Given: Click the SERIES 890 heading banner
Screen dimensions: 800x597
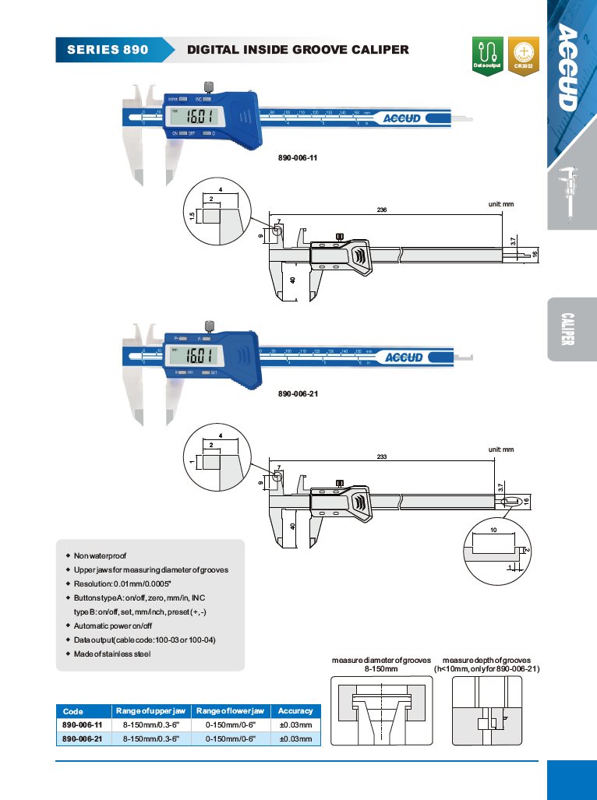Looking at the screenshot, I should [x=108, y=50].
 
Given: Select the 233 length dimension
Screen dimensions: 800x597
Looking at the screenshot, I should [x=382, y=457].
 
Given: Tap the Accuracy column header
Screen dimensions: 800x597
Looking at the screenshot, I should [x=295, y=710].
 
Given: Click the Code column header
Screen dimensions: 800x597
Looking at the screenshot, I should [x=73, y=711].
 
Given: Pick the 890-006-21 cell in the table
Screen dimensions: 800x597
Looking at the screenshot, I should [x=82, y=738].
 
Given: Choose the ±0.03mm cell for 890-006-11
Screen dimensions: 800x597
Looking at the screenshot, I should [x=295, y=724].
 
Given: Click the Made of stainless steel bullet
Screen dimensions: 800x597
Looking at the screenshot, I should [x=112, y=654].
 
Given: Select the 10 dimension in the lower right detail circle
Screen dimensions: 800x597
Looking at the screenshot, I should [x=493, y=530].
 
